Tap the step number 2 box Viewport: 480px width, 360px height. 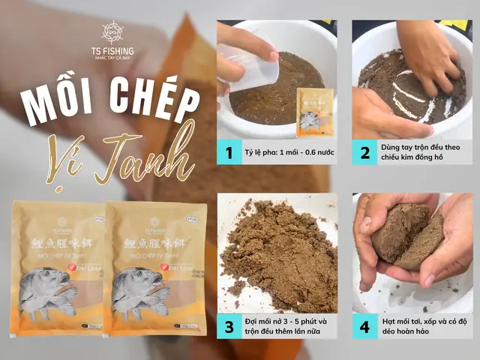(364, 154)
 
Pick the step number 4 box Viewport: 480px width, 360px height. (364, 327)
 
